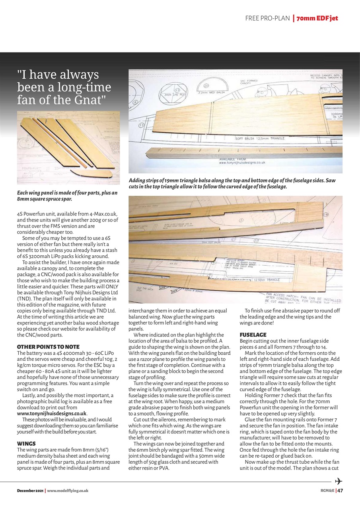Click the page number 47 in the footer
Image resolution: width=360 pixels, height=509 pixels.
pos(340,490)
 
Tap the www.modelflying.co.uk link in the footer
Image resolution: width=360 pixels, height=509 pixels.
pos(68,491)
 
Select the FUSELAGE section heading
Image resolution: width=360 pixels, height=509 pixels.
pos(253,335)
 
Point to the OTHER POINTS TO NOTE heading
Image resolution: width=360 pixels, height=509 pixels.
pos(48,347)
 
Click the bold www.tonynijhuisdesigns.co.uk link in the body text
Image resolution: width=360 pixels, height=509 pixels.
pos(52,414)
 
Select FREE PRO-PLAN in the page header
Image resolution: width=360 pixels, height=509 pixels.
pos(267,18)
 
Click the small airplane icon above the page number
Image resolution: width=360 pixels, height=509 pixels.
pos(339,482)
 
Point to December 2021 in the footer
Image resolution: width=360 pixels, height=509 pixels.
pos(30,491)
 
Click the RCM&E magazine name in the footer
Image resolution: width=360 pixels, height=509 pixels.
pos(327,490)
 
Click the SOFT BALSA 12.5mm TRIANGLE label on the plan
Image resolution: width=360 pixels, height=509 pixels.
pos(260,138)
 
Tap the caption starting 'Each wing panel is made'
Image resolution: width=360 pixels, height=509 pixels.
pos(67,196)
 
